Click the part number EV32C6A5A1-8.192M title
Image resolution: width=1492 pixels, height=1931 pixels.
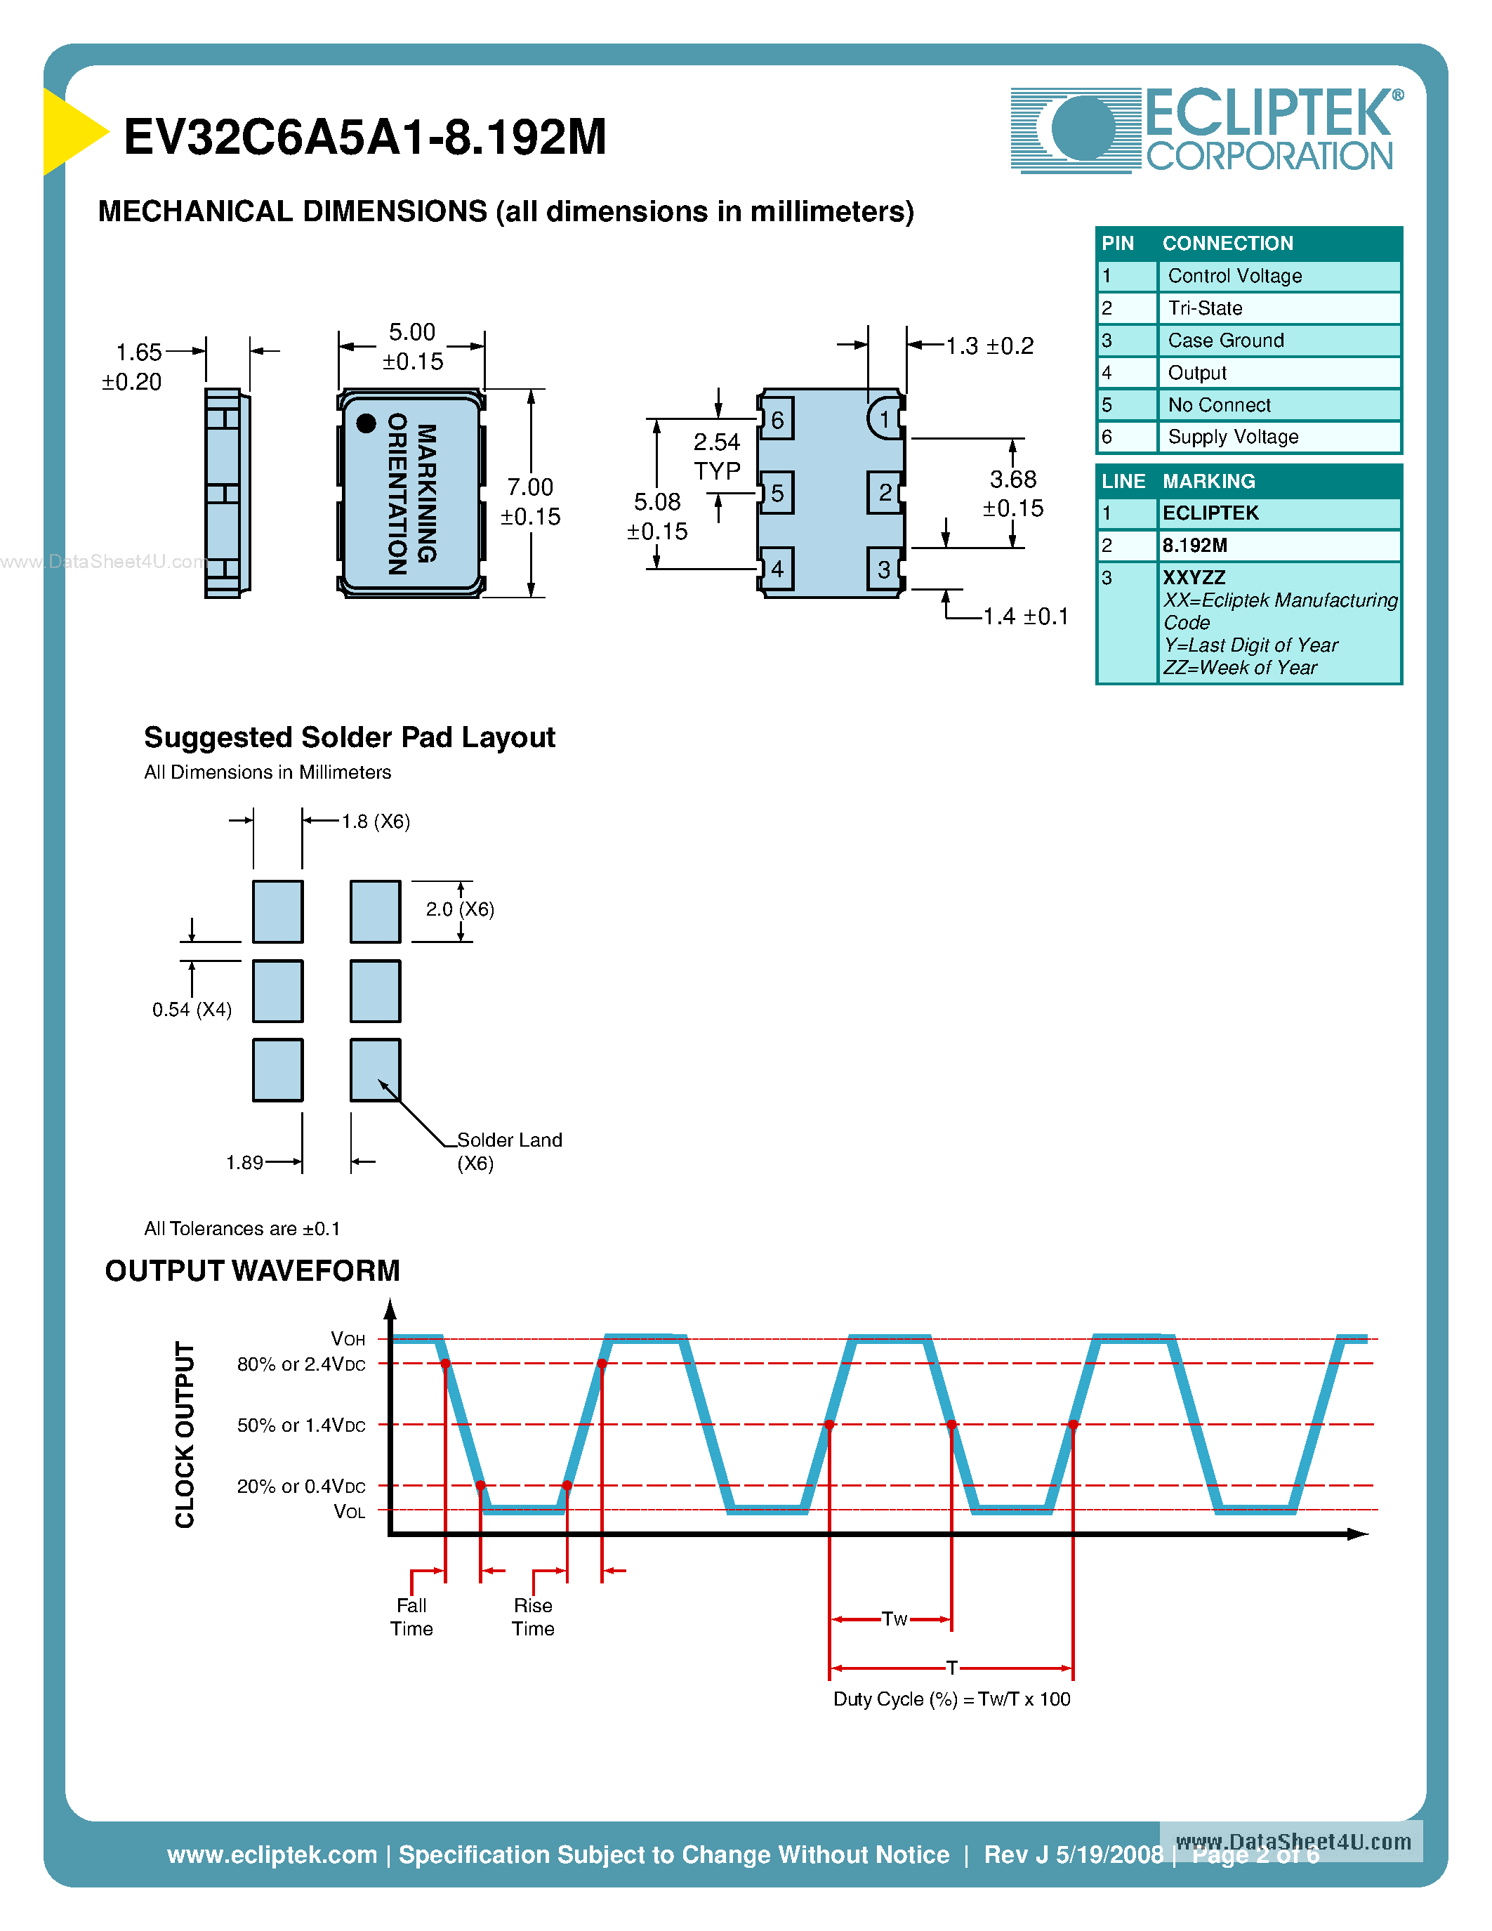coord(364,138)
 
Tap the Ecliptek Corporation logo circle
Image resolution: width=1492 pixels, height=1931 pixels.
coord(1083,129)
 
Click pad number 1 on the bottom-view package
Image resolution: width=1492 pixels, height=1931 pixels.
coord(884,419)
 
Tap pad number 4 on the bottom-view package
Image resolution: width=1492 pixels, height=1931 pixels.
coord(777,569)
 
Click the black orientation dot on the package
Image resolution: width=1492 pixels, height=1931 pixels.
coord(366,423)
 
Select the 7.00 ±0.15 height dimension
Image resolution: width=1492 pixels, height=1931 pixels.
coord(530,501)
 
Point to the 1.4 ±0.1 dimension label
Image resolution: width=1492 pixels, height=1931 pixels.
coord(1025,617)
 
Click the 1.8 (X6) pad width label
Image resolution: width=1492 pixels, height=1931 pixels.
coord(376,822)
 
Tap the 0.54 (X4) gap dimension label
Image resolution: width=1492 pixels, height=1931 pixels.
coord(192,1010)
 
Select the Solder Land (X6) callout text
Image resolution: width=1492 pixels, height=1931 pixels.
coord(508,1151)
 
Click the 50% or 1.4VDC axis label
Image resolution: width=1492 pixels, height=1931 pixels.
coord(301,1425)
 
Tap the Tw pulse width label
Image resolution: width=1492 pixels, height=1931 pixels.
coord(894,1619)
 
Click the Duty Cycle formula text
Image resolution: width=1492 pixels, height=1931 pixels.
coord(951,1699)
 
